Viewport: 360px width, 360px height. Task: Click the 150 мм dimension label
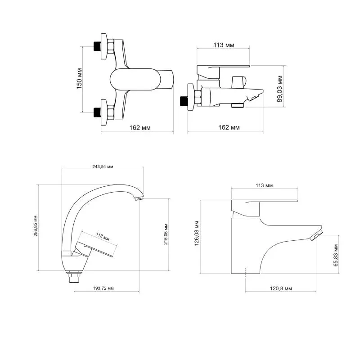(79, 78)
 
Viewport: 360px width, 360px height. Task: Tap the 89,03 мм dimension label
(279, 89)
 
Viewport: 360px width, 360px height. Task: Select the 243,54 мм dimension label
(103, 166)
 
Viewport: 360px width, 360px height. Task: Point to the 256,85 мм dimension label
(36, 226)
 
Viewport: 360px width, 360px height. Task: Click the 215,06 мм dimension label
(166, 234)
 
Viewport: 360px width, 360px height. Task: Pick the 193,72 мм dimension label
(103, 288)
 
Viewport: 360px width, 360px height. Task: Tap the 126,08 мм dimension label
(197, 233)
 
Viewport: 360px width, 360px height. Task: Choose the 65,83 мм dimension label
(336, 255)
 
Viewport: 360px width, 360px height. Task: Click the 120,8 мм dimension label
(281, 288)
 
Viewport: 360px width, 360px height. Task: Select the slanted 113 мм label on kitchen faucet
(103, 237)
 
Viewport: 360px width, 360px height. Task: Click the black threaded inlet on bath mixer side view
(184, 101)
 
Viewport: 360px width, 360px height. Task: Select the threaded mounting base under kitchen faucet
(74, 277)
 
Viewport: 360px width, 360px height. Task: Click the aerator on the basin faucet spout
(316, 235)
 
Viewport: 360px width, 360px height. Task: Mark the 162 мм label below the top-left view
(140, 128)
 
